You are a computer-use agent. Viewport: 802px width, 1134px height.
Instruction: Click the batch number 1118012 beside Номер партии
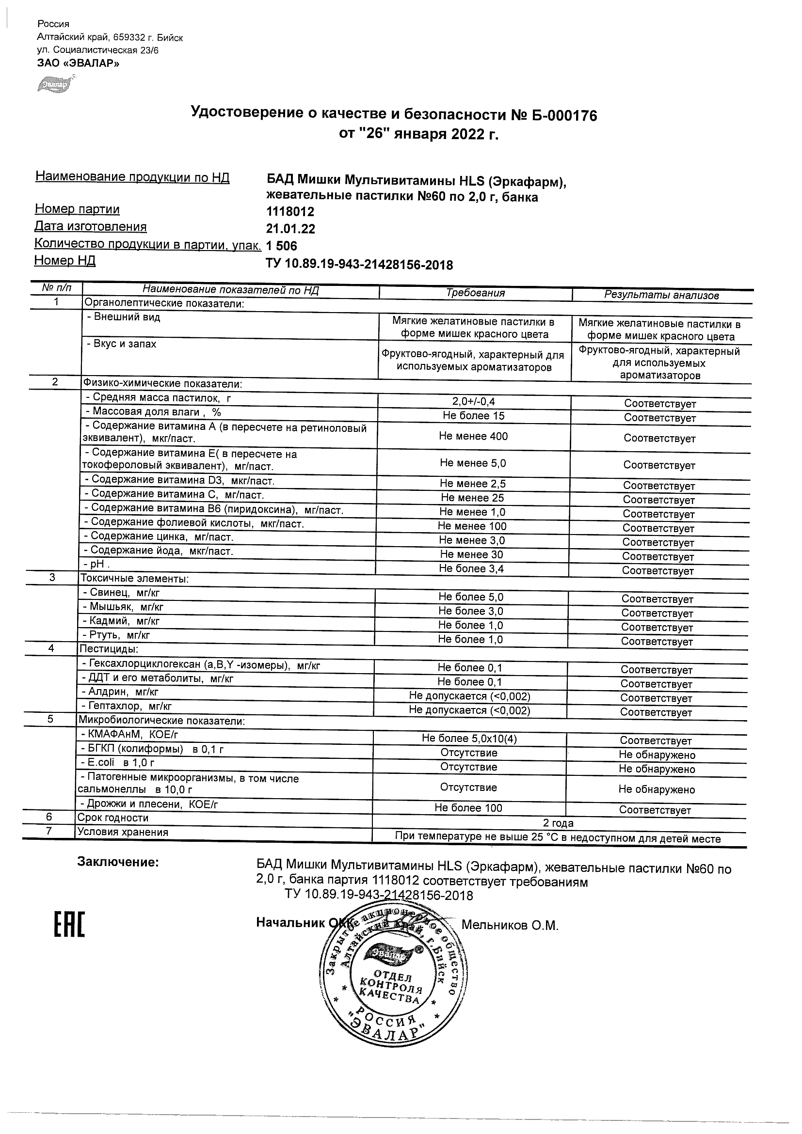click(290, 212)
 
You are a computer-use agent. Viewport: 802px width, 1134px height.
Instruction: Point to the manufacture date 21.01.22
click(290, 229)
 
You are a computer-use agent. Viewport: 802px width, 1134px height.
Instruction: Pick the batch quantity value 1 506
click(282, 246)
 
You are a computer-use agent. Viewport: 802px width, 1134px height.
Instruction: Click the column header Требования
click(475, 293)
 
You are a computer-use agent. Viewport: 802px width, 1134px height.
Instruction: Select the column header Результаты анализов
click(661, 295)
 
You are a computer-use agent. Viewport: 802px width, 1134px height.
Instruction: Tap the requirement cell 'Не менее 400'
click(473, 436)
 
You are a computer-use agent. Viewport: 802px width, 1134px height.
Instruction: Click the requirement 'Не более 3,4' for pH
click(471, 568)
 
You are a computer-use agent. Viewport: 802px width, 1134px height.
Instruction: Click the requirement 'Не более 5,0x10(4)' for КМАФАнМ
click(469, 739)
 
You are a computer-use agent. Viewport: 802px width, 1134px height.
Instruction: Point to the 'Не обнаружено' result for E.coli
click(656, 769)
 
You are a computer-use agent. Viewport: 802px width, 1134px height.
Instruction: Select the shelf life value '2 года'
click(558, 823)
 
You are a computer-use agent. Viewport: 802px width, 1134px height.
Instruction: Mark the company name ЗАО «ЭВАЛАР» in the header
click(78, 63)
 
